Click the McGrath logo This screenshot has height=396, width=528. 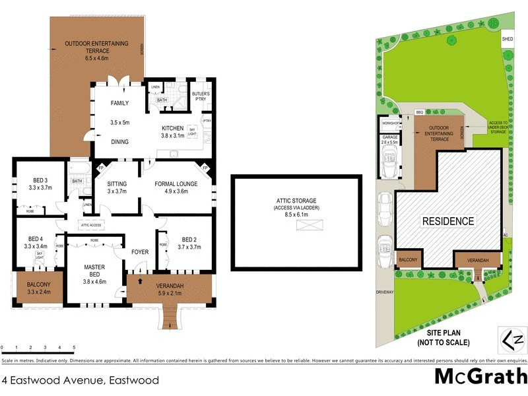(480, 376)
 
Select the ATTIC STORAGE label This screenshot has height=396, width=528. (296, 200)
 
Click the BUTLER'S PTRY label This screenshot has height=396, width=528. (201, 96)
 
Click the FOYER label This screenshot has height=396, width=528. (139, 252)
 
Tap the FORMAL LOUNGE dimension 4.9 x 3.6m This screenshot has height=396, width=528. (171, 191)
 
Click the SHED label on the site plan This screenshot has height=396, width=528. (508, 39)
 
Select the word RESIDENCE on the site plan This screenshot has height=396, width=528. (448, 221)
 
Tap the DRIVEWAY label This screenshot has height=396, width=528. (384, 291)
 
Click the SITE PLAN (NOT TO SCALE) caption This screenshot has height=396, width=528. (443, 338)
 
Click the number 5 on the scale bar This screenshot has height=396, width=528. (74, 347)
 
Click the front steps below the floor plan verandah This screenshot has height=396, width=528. (170, 321)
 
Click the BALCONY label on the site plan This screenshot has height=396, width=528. (408, 260)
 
